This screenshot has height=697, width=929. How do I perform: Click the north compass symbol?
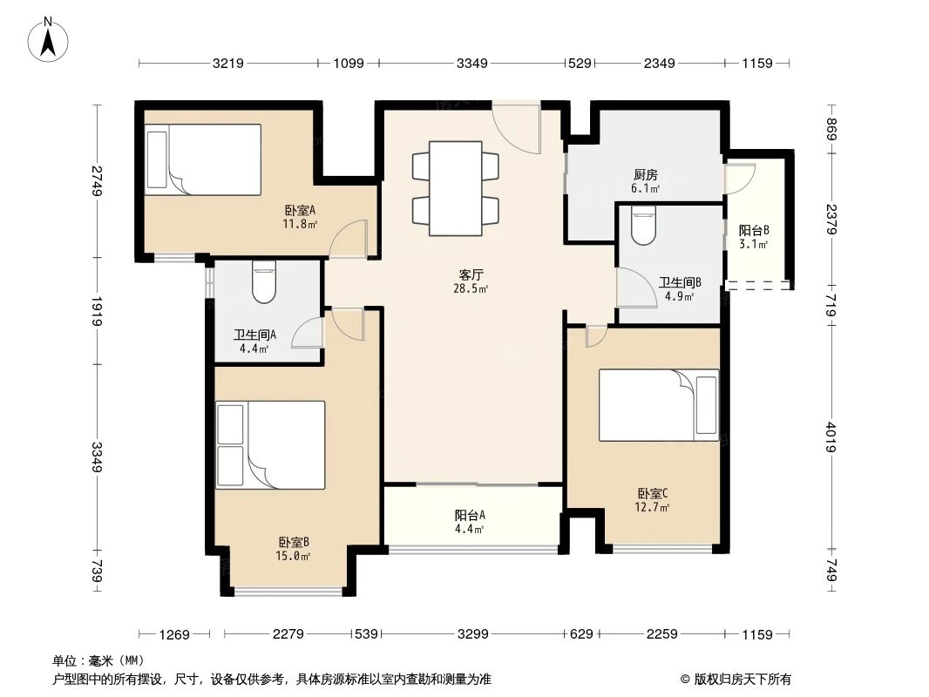click(50, 40)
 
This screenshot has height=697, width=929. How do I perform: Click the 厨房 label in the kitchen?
click(644, 179)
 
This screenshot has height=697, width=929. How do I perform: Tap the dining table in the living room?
click(454, 188)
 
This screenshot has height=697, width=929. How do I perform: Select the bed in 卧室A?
click(203, 159)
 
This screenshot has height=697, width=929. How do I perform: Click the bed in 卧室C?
click(659, 405)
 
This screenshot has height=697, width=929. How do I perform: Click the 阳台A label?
click(470, 520)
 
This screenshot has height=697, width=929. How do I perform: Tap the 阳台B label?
click(754, 237)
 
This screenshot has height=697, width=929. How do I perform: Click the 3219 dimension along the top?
click(227, 63)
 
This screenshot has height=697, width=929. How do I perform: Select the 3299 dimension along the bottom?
click(471, 634)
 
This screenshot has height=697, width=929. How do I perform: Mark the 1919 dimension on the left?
click(97, 311)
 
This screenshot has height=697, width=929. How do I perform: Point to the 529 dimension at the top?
click(580, 63)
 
